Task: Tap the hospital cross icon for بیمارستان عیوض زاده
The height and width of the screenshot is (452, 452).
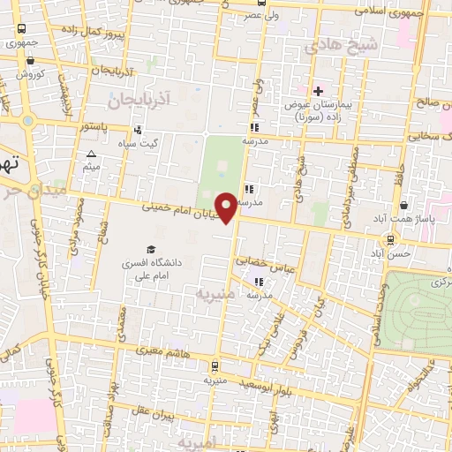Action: pos(318,91)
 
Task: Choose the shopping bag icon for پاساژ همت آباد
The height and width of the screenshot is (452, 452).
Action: pos(403,205)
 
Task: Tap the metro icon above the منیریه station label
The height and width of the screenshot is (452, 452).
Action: pos(213,365)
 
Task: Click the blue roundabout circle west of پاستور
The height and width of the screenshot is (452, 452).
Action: pos(28,121)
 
